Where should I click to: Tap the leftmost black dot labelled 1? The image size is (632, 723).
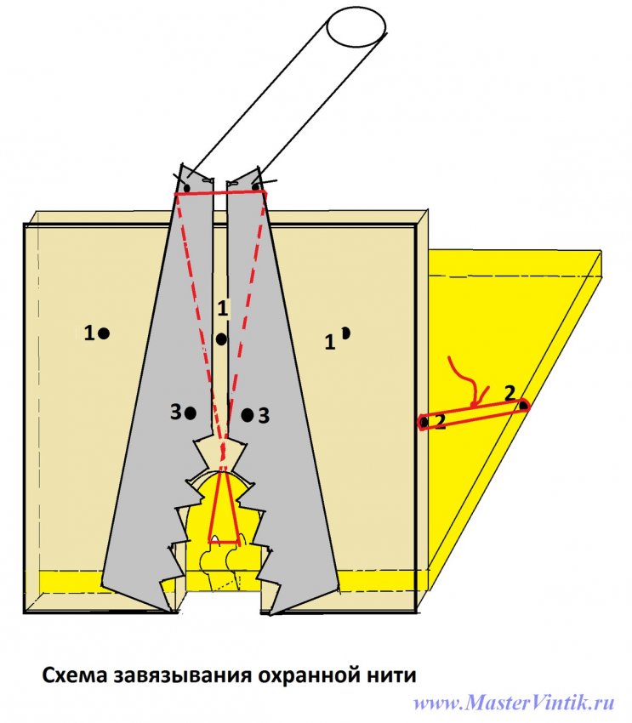(104, 334)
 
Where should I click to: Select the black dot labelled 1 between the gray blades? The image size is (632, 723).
(221, 339)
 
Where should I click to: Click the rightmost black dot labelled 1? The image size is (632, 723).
(345, 333)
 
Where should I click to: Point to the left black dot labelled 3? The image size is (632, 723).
(191, 413)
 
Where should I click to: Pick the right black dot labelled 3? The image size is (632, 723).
(248, 415)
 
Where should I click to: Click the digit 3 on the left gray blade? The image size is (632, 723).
(175, 413)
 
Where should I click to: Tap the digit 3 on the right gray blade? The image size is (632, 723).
(264, 416)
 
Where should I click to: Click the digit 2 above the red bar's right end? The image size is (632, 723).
(509, 392)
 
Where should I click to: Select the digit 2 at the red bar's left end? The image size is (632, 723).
(440, 422)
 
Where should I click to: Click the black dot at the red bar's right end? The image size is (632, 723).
(523, 405)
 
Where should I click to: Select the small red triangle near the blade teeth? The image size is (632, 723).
(222, 510)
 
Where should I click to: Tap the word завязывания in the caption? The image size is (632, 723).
(181, 676)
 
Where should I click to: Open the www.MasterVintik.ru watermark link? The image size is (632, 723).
(514, 703)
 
